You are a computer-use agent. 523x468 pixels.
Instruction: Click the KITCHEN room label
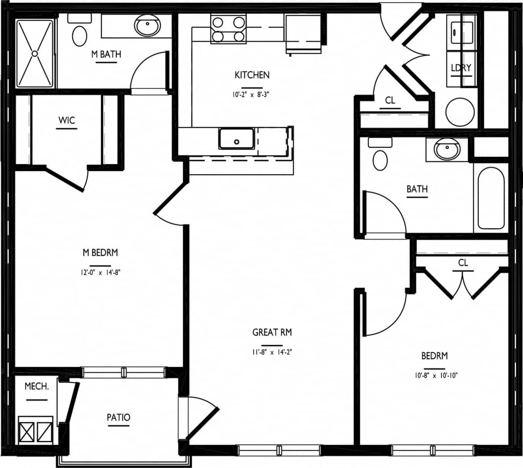252,75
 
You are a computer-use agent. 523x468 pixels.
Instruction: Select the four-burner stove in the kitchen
228,29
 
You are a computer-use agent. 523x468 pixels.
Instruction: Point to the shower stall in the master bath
35,53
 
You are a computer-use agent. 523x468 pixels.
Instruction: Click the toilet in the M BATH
79,33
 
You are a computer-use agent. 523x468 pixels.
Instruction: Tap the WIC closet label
66,120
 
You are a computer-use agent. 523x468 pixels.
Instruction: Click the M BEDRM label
100,253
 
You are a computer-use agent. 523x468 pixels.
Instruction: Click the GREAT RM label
272,333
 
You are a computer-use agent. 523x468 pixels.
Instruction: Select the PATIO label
119,418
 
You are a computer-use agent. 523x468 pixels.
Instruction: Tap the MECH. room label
37,386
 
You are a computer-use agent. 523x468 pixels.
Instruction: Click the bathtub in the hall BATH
491,198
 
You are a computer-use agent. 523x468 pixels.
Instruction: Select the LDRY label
461,68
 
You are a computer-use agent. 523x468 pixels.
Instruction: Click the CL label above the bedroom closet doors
463,263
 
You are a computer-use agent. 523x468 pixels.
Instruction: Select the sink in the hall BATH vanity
447,149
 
